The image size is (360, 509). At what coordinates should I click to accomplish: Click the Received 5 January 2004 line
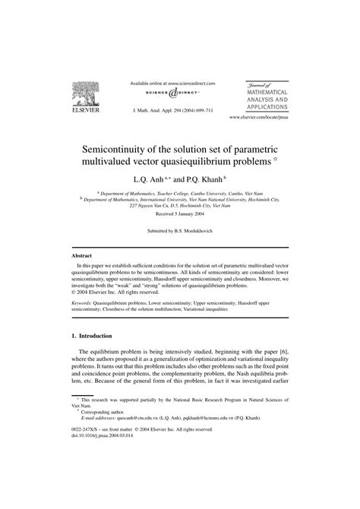pyautogui.click(x=179, y=214)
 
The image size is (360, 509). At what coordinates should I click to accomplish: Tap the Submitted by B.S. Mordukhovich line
pyautogui.click(x=179, y=229)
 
